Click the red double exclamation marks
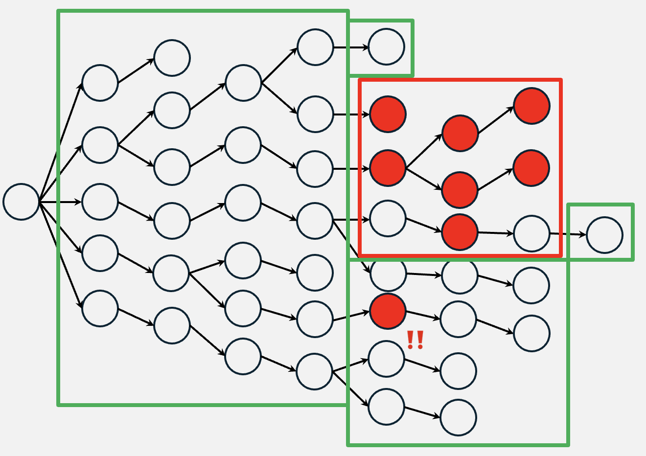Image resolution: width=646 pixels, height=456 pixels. (x=415, y=340)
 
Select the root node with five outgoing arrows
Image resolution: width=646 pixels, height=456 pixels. (x=21, y=202)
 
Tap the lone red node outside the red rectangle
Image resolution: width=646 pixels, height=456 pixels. (x=388, y=311)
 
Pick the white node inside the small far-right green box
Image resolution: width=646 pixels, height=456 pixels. (x=604, y=235)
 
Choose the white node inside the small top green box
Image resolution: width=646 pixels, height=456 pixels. (x=387, y=46)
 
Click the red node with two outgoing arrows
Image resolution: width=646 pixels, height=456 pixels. (x=388, y=168)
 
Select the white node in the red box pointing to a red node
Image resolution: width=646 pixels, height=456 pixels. (x=388, y=219)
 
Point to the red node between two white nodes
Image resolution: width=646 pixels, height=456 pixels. (x=460, y=232)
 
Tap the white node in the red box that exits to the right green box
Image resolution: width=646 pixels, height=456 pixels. (x=531, y=233)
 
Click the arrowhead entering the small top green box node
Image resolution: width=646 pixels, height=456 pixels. (x=366, y=47)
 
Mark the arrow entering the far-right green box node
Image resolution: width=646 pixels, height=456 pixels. (x=568, y=234)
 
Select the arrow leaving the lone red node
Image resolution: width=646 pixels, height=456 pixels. (x=423, y=315)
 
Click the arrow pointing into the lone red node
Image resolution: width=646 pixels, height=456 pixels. (x=351, y=316)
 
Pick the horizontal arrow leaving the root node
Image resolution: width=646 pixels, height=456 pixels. (x=60, y=202)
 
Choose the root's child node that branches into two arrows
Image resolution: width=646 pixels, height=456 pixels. (x=100, y=145)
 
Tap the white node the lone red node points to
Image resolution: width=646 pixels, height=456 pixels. (x=459, y=319)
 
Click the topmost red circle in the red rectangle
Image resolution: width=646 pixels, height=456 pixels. (x=531, y=106)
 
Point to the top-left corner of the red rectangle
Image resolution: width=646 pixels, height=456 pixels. (x=360, y=80)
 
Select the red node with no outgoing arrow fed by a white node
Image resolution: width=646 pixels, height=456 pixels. (x=388, y=114)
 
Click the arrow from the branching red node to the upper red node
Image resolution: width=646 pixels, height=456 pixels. (x=424, y=151)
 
